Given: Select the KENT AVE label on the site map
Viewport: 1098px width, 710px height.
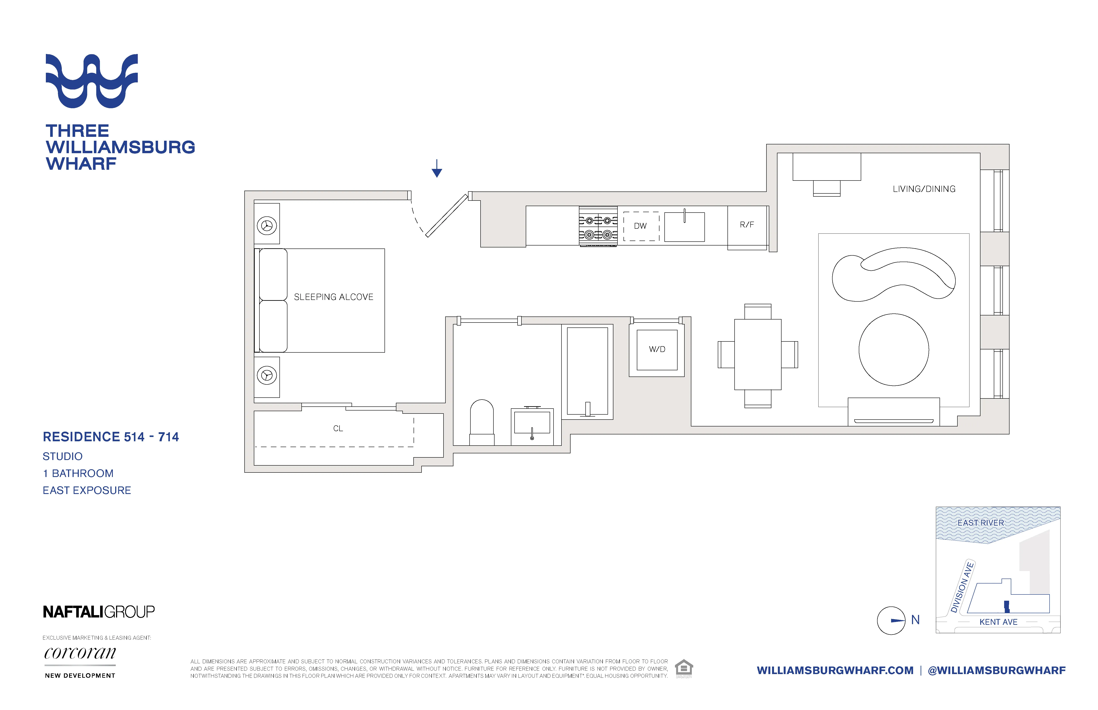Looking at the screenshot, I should point(998,622).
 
